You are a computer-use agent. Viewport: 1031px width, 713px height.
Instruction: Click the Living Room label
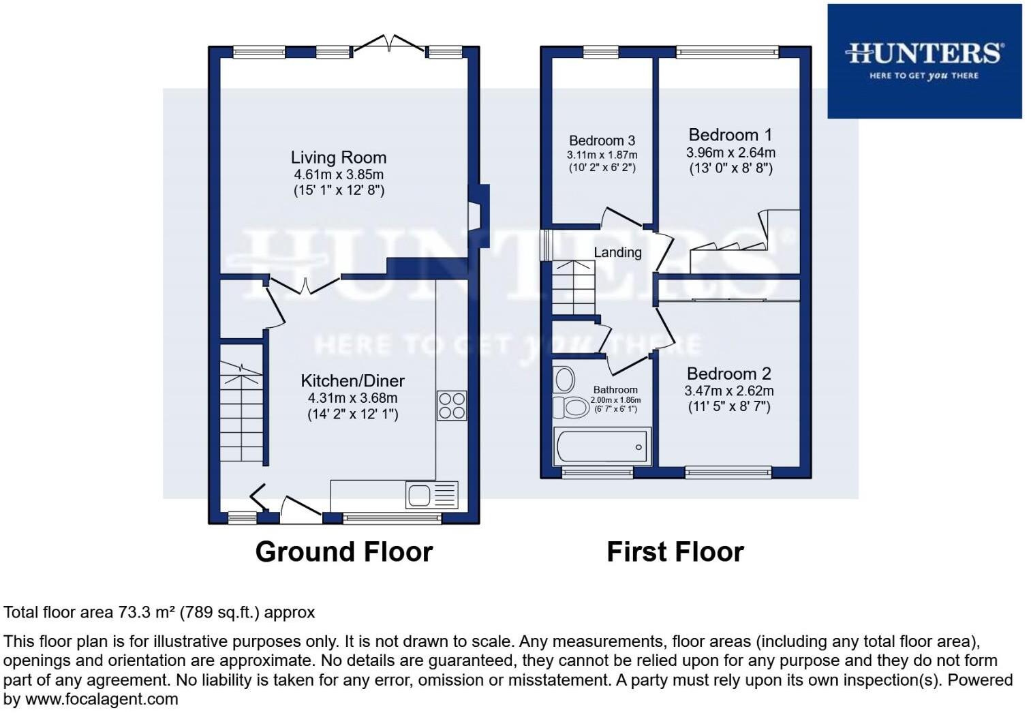[338, 157]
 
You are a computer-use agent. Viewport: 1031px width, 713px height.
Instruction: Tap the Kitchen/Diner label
[352, 380]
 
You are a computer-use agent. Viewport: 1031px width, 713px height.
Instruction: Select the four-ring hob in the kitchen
[451, 406]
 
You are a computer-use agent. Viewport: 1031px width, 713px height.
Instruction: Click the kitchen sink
[432, 495]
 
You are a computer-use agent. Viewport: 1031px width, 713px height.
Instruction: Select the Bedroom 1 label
[730, 134]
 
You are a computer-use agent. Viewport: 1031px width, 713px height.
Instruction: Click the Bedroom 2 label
[728, 374]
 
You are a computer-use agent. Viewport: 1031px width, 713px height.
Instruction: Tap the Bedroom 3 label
[602, 140]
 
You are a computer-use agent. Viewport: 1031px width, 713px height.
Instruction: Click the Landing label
[617, 252]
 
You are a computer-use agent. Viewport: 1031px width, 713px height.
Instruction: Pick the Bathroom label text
[615, 390]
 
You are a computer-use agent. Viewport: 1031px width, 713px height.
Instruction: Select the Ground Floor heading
[343, 551]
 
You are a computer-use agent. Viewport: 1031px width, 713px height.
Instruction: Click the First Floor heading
[675, 551]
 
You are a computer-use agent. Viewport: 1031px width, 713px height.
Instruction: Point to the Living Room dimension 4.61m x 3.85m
[339, 175]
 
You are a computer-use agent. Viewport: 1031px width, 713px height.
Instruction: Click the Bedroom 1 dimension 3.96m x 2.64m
[730, 152]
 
